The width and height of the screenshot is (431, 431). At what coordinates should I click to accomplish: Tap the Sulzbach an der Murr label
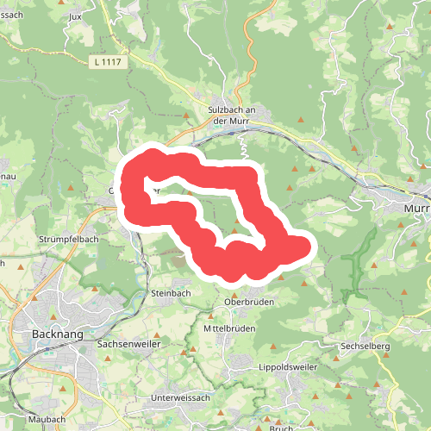[233, 116]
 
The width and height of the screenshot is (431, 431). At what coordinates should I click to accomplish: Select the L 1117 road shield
[107, 61]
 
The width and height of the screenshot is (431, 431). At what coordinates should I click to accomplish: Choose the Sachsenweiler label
[126, 342]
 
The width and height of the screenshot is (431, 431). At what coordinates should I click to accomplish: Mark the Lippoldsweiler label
[287, 367]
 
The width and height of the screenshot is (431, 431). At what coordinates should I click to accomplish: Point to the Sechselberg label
[365, 346]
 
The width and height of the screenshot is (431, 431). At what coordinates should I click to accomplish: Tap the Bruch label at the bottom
[281, 428]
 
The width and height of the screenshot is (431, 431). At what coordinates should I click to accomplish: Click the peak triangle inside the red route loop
[239, 231]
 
